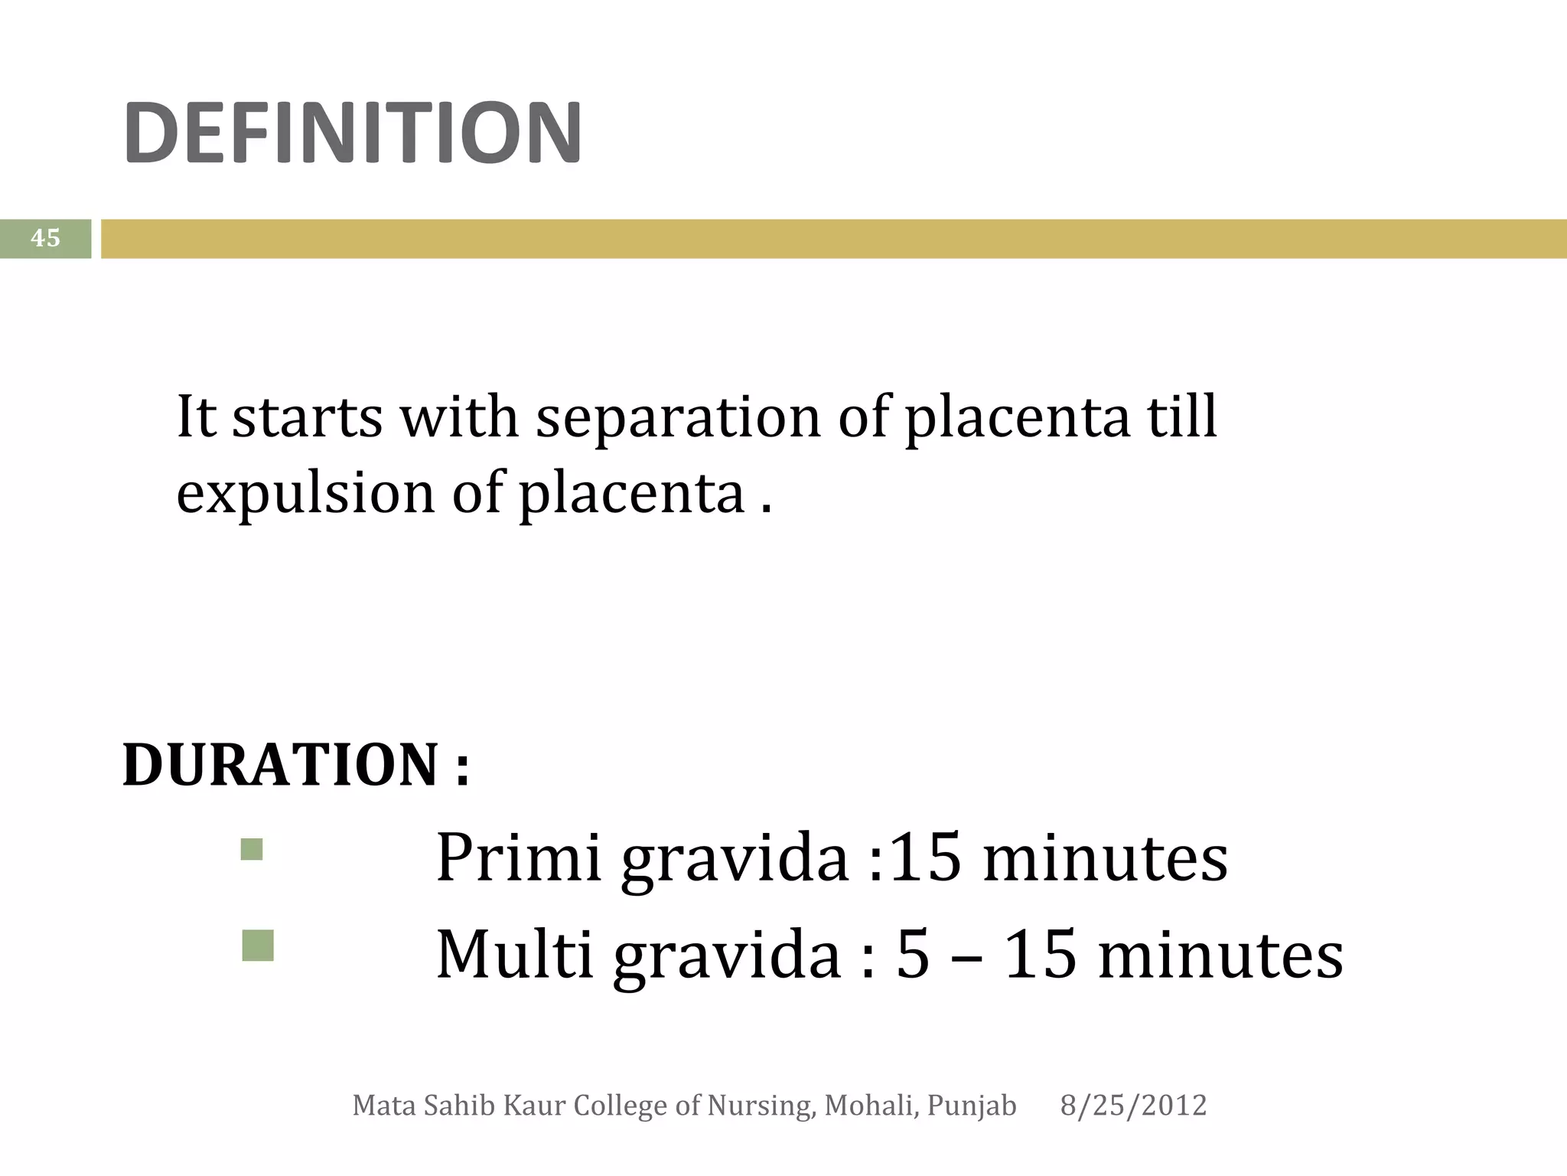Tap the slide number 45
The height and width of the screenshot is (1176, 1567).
point(45,238)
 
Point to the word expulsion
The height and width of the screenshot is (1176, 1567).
point(305,494)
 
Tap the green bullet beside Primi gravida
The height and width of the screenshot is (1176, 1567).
point(252,849)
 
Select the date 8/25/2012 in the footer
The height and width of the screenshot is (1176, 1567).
point(1133,1106)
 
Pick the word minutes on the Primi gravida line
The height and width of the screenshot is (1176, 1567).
point(1105,857)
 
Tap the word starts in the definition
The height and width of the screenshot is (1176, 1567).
point(307,418)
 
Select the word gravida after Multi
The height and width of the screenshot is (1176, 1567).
point(727,957)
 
